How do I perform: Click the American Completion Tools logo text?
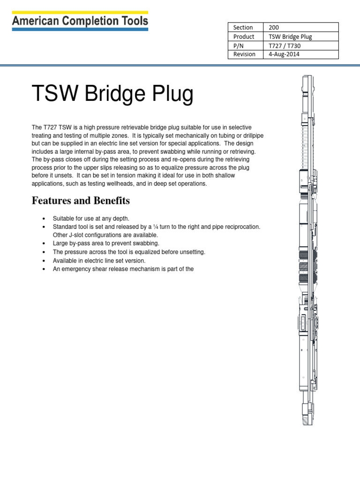pyautogui.click(x=80, y=21)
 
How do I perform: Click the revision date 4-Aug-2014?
pyautogui.click(x=284, y=54)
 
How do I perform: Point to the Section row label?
pyautogui.click(x=242, y=27)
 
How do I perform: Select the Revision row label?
pyautogui.click(x=244, y=54)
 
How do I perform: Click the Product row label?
pyautogui.click(x=244, y=36)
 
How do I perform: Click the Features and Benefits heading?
pyautogui.click(x=81, y=201)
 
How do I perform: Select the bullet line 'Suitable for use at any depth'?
pyautogui.click(x=91, y=218)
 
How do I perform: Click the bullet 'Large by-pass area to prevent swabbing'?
pyautogui.click(x=106, y=243)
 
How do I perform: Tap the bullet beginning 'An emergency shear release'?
pyautogui.click(x=123, y=269)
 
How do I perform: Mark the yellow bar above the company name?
pyautogui.click(x=80, y=12)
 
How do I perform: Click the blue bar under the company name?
pyautogui.click(x=80, y=29)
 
